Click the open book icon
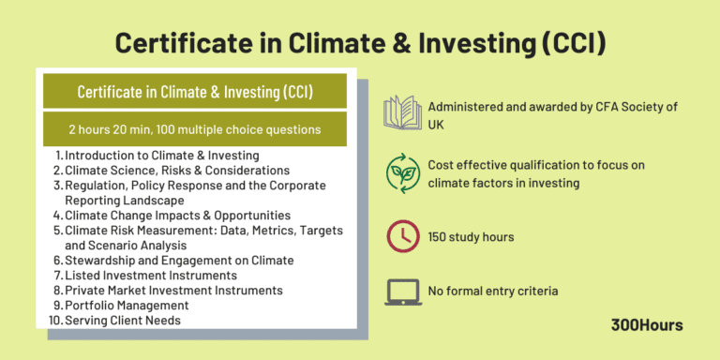tap(402, 113)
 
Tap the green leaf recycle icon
tap(402, 172)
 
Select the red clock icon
tap(402, 236)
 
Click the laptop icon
tap(402, 292)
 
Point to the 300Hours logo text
tap(646, 325)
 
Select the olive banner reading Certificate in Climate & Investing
tap(194, 91)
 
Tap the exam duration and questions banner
tap(194, 129)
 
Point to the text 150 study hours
tap(471, 236)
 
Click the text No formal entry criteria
tap(493, 292)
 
